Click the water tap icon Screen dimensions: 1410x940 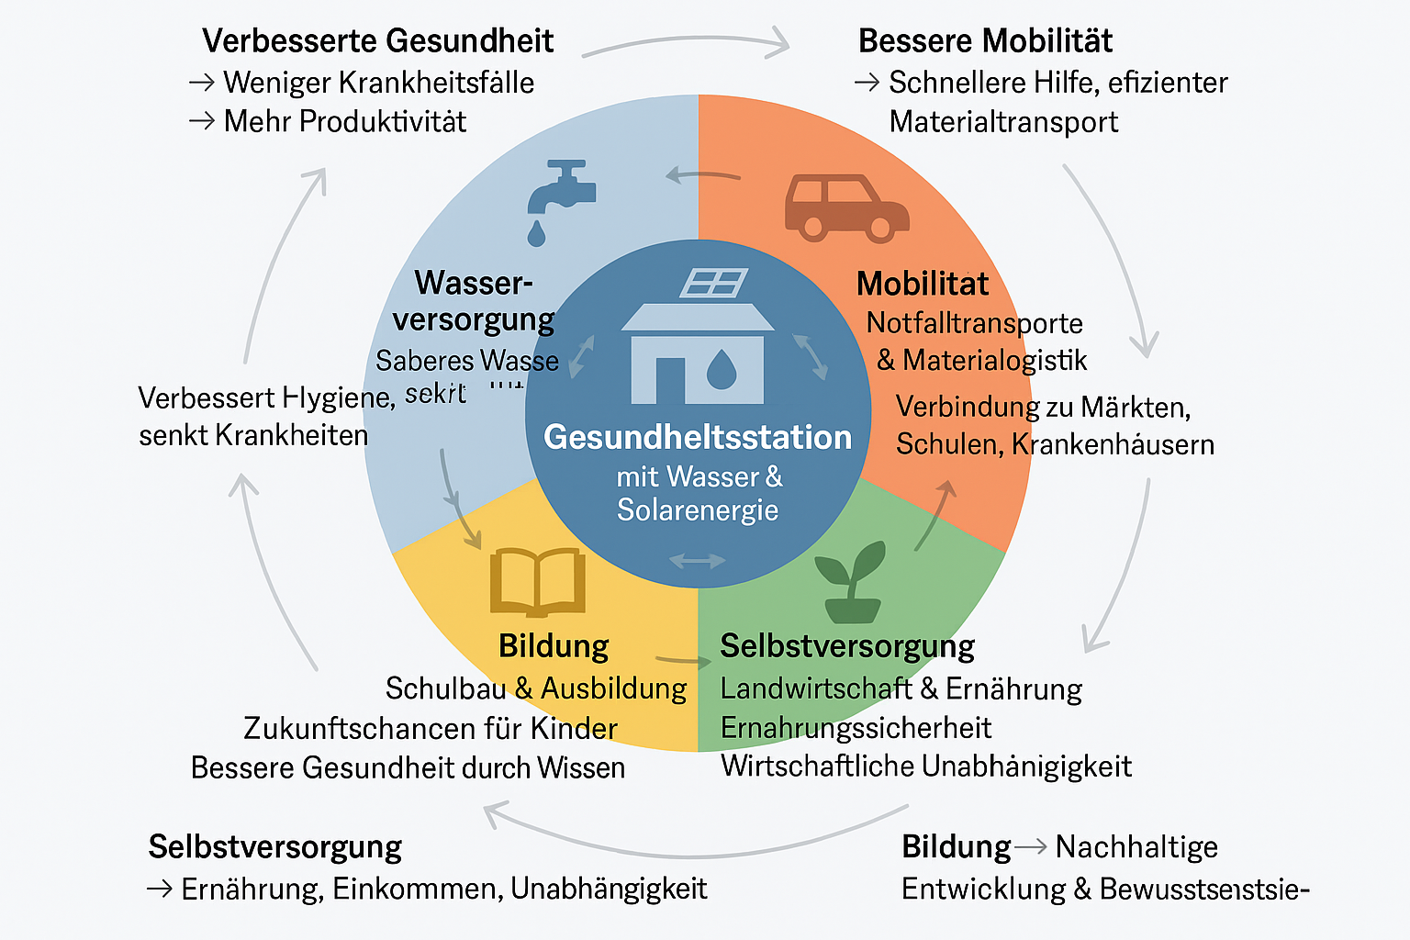pos(561,189)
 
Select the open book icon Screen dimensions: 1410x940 pos(538,581)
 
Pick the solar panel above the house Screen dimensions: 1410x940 pos(713,284)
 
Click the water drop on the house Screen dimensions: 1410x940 pos(721,369)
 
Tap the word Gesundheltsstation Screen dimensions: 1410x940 pos(698,437)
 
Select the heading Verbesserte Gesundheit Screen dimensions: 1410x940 pos(377,41)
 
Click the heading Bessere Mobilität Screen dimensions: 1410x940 pos(985,41)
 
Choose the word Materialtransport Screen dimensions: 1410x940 pos(1003,122)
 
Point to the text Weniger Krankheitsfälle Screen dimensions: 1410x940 pos(378,83)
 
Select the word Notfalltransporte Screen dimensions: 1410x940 pos(974,323)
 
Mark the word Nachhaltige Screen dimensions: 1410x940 pos(1136,846)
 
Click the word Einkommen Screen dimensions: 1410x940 pos(416,889)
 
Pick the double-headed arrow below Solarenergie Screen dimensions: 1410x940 pos(698,560)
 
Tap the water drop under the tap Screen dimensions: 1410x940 pos(536,234)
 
